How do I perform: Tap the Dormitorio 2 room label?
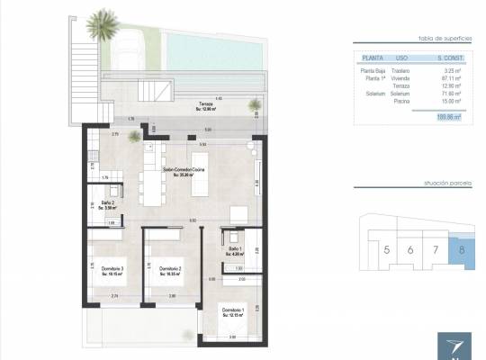click(x=170, y=269)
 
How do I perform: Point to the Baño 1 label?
click(x=235, y=249)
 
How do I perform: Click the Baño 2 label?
click(x=106, y=205)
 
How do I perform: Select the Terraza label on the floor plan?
click(x=206, y=104)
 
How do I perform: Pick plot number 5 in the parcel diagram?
click(x=387, y=249)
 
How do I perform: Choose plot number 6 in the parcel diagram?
click(x=411, y=249)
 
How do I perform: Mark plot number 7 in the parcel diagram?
click(x=436, y=249)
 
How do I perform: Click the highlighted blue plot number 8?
click(x=462, y=249)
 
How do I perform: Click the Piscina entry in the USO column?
click(x=403, y=101)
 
